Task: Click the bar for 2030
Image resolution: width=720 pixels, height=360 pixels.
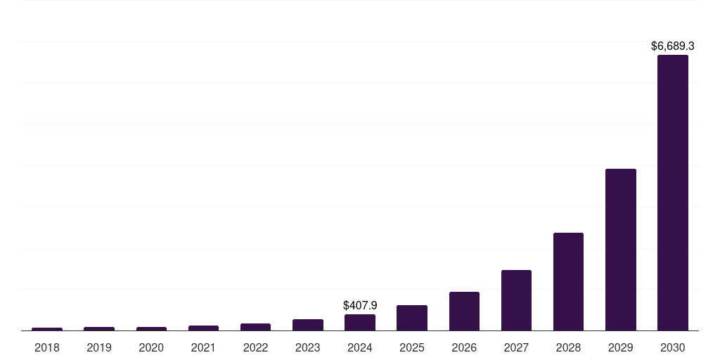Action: tap(673, 193)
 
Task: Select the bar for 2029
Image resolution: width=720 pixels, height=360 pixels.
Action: tap(621, 250)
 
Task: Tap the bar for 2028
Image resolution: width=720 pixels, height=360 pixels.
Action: tap(568, 281)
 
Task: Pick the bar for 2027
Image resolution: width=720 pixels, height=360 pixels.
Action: tap(516, 300)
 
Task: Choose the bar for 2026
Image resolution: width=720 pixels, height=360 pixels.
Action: tap(464, 311)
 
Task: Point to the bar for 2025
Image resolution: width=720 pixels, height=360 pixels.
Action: tap(412, 318)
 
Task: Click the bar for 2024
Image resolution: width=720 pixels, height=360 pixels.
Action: tap(360, 322)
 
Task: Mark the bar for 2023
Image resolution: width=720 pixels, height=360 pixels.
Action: tap(308, 325)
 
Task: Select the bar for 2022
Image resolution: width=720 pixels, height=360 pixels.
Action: tap(255, 327)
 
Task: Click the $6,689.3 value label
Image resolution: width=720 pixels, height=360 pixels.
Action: tap(673, 46)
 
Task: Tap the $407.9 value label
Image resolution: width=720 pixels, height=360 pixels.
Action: tap(360, 306)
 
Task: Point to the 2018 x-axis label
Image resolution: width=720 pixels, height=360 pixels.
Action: tap(47, 347)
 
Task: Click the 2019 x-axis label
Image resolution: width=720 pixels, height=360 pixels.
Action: tap(99, 347)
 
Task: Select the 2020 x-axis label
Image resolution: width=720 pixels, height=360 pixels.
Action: tap(151, 347)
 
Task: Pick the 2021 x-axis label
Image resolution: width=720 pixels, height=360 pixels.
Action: tap(203, 347)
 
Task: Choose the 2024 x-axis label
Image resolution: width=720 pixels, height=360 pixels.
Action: tap(360, 347)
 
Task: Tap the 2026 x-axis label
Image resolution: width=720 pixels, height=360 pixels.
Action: tap(464, 347)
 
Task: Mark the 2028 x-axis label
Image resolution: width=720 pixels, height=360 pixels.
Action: tap(568, 347)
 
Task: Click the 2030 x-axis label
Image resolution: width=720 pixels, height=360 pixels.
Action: tap(673, 347)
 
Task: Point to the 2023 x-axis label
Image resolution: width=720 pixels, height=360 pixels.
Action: tap(308, 347)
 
